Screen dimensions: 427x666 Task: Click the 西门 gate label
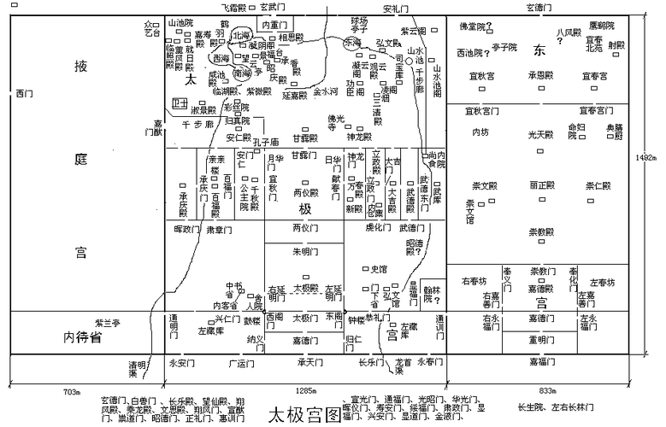(x=24, y=93)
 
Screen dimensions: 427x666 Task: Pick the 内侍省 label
(x=83, y=338)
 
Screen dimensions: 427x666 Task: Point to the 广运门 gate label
(x=242, y=363)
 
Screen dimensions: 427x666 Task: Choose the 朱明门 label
(x=305, y=251)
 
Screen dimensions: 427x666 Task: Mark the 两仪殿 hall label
(x=305, y=192)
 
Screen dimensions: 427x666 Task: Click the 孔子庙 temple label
(x=267, y=142)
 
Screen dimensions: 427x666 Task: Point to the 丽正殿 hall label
(x=541, y=184)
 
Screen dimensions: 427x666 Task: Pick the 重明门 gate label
(x=540, y=339)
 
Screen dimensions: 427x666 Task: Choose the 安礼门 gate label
(x=396, y=9)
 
